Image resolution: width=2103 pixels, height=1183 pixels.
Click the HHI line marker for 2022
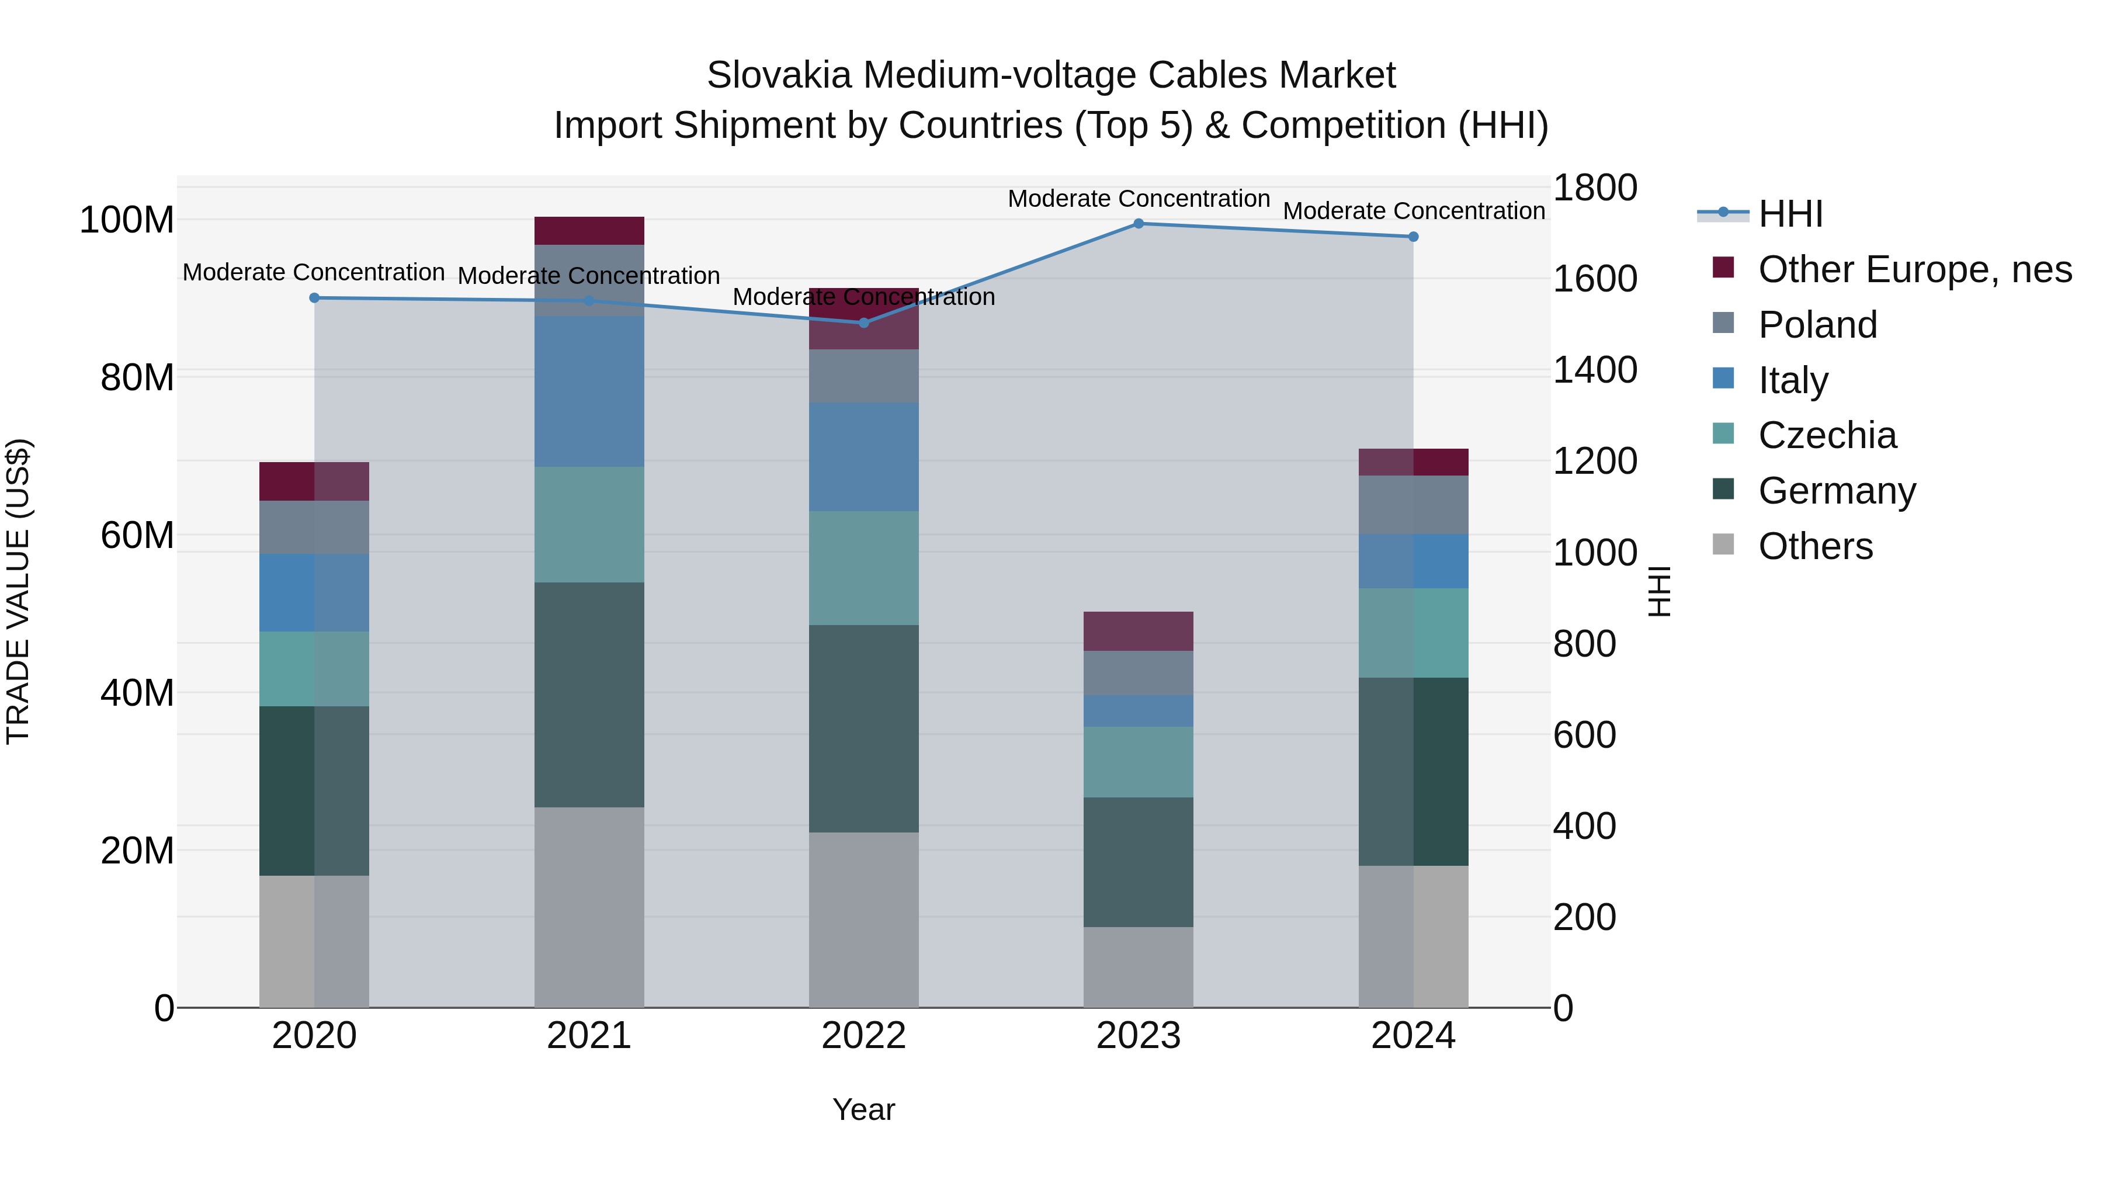tap(864, 322)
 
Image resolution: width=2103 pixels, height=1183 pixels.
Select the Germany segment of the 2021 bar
tap(589, 694)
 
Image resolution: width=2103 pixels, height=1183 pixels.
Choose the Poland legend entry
tap(1817, 324)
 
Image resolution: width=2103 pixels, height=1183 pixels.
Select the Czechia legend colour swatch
tap(1723, 433)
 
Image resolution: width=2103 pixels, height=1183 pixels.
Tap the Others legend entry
tap(1815, 546)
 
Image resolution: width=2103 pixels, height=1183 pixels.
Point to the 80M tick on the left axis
tap(136, 377)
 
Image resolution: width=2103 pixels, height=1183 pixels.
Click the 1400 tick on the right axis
tap(1594, 370)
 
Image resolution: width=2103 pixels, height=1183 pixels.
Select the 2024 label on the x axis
tap(1413, 1035)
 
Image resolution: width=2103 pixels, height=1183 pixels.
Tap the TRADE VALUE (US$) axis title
tap(18, 591)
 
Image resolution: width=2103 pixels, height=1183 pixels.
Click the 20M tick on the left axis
tap(136, 850)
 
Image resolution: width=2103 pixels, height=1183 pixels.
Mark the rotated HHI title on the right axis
tap(1659, 591)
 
